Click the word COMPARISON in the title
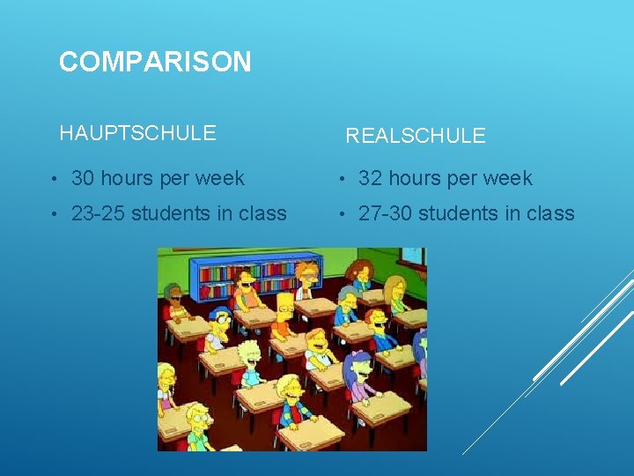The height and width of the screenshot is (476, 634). [x=155, y=62]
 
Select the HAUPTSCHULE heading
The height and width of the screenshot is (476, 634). [x=137, y=133]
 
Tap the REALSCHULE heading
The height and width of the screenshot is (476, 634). [x=415, y=136]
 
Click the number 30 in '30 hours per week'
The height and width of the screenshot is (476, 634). [x=84, y=178]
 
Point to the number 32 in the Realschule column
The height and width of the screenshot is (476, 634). [x=370, y=178]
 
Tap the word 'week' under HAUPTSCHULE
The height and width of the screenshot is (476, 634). [x=222, y=178]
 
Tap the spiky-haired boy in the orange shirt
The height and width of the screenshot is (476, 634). [x=284, y=313]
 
